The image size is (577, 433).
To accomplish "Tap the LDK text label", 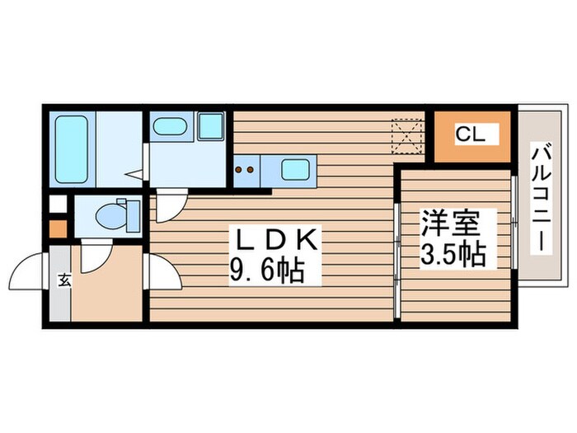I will (275, 241).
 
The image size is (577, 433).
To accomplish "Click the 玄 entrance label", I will (63, 280).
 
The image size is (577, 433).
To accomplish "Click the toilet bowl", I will (110, 215).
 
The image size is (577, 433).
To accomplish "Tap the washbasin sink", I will (170, 126).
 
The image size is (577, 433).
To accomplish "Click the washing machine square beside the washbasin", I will (210, 126).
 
